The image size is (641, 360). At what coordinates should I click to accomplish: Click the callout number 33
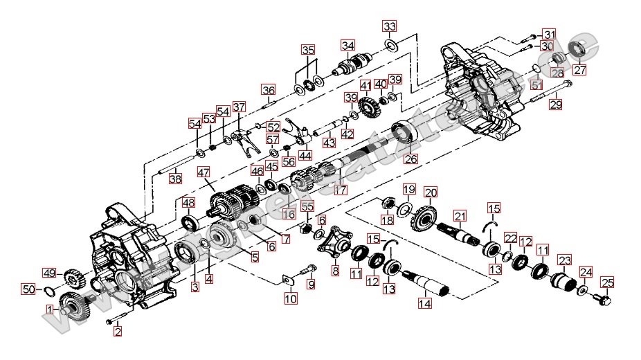390,26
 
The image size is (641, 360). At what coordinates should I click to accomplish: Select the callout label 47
203,172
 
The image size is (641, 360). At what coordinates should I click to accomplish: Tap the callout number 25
607,282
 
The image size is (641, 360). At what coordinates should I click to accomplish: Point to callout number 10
291,299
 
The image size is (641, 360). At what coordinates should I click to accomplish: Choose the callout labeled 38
175,179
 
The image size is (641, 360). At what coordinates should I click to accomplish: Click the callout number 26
411,159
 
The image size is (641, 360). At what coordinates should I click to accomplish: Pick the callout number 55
307,206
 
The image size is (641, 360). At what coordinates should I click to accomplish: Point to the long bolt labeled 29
551,93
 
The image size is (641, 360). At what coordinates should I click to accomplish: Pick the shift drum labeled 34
351,66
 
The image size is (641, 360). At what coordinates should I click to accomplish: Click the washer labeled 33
390,46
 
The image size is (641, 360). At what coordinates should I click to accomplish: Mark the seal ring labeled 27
577,50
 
